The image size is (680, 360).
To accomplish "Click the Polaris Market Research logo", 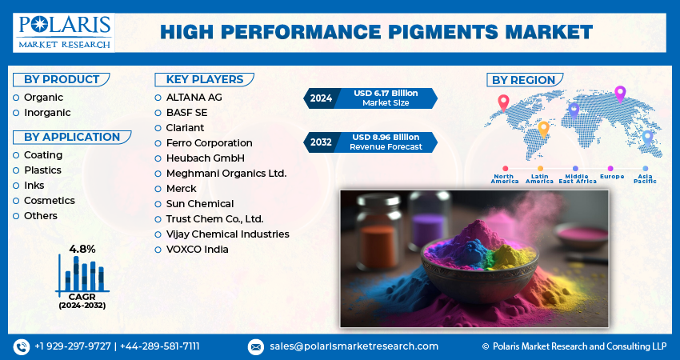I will [x=63, y=32].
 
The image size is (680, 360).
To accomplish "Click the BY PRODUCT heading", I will [x=62, y=79].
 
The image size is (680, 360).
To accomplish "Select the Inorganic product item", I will [x=47, y=113].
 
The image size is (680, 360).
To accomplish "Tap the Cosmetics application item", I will [x=49, y=201].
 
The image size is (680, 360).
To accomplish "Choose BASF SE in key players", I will [x=186, y=113].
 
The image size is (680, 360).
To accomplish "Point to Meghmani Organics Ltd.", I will [x=226, y=173].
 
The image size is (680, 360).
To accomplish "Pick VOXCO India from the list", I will [x=197, y=249].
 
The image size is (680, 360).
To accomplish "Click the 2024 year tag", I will [x=321, y=98].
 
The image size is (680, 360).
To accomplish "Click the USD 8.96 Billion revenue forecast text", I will [x=386, y=138].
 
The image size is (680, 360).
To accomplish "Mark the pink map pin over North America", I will [x=503, y=102].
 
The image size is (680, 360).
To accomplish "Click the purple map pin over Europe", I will [x=619, y=94].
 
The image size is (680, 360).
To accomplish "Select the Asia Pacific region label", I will [x=645, y=178].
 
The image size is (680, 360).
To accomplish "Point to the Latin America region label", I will [x=539, y=178].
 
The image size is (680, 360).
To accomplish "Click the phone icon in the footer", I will [x=21, y=346].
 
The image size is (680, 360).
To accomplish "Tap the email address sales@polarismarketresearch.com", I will [x=354, y=346].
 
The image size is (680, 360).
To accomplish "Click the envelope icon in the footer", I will [x=255, y=346].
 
